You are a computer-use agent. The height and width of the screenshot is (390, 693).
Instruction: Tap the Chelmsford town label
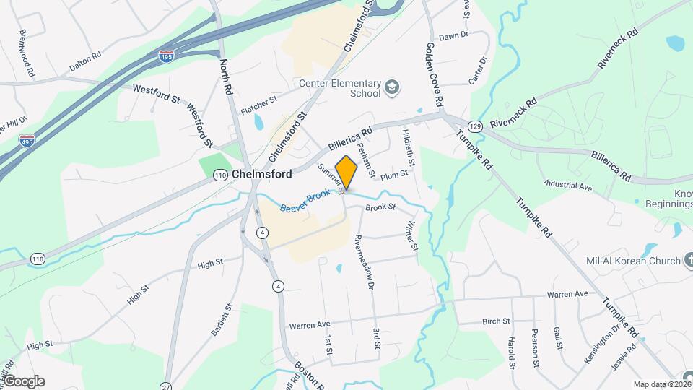point(262,174)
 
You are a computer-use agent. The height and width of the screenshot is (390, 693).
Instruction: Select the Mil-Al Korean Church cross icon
point(687,261)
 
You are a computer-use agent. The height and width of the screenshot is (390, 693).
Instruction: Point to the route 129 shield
point(474,126)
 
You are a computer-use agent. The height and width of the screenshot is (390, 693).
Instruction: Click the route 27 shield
point(167,386)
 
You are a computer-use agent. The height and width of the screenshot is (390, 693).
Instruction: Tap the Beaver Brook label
point(305,201)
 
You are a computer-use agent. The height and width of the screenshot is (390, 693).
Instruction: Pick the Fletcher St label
point(259,102)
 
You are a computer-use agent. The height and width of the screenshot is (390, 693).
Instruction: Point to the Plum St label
point(394,175)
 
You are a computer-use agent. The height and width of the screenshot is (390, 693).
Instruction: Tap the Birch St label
point(496,320)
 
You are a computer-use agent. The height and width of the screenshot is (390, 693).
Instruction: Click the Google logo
point(24,381)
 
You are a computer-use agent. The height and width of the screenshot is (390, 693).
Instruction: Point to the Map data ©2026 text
point(661,384)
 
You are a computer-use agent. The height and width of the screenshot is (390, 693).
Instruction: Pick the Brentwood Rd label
point(27,53)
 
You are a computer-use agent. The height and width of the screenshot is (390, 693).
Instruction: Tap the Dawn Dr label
point(454,35)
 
